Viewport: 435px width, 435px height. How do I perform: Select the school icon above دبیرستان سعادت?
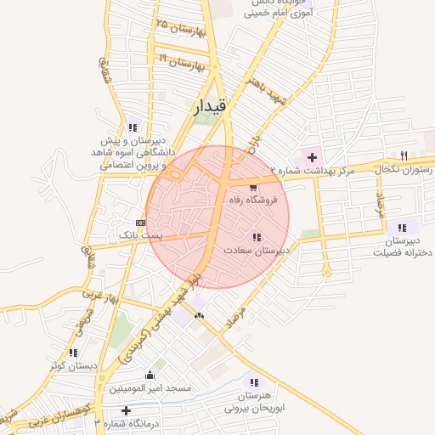(x=257, y=237)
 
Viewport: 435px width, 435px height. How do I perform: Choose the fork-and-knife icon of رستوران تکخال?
(x=404, y=155)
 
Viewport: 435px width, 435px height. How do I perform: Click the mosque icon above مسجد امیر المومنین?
(x=150, y=375)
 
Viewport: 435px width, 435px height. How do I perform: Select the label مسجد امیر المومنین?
(x=150, y=388)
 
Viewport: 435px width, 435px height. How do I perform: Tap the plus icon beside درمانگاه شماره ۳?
(x=126, y=410)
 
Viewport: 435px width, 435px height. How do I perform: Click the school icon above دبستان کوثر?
(x=74, y=353)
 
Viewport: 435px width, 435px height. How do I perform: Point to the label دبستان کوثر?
(x=73, y=365)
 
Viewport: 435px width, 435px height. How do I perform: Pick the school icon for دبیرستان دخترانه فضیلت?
(x=402, y=227)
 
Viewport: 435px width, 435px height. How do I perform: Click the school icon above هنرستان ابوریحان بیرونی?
(x=251, y=382)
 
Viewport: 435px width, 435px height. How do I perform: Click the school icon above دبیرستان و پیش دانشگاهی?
(x=131, y=127)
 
